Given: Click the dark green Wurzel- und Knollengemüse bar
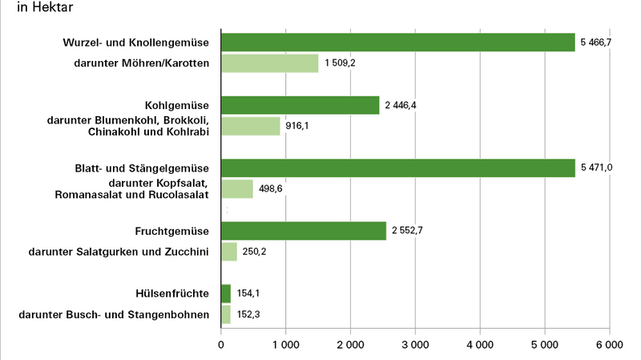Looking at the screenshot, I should coord(397,42).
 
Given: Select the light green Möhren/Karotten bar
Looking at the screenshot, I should coord(269,63).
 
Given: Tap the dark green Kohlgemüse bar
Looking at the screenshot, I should coord(300,105).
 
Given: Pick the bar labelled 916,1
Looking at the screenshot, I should coord(250,126).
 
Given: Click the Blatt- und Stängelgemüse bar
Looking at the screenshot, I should coord(397,168).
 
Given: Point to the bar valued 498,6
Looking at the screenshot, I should coord(236,188).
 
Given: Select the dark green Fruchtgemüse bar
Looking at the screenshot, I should coord(303,231).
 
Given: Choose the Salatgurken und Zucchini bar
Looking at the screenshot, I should coord(228,252).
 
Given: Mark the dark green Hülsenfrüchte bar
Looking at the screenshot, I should coord(225,293).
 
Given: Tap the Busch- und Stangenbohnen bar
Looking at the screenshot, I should coord(225,314).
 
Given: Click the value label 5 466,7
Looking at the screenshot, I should coord(597,42).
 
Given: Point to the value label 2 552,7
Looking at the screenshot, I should coord(408,231).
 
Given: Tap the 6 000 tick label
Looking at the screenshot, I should coord(609,345).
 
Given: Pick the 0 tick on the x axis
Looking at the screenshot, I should coord(221,345).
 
